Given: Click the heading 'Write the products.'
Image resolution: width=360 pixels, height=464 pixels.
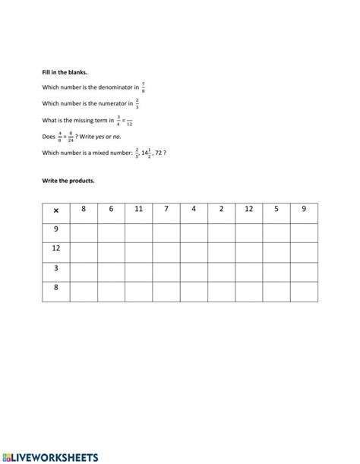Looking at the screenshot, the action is [68, 181].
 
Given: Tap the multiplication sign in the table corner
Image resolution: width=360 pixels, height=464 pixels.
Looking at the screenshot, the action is [55, 210].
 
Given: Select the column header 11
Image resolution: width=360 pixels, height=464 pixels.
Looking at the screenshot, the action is [138, 209].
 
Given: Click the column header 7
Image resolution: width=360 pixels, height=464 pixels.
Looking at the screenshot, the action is [166, 209].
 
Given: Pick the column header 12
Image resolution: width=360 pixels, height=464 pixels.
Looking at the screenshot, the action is [248, 209].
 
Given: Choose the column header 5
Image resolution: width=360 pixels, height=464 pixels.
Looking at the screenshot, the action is [276, 209].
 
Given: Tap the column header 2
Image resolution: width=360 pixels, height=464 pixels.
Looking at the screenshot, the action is [221, 209].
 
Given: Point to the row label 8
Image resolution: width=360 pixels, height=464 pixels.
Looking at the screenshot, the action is [55, 289].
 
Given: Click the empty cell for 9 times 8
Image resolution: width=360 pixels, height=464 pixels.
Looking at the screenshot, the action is [84, 231].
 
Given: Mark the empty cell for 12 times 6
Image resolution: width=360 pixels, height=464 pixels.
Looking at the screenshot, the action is [111, 251].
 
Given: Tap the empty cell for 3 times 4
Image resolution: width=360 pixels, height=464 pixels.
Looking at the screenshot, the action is [194, 270].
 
